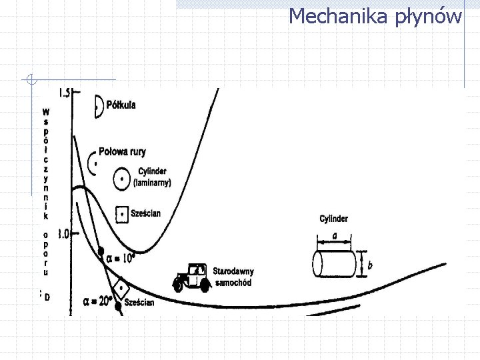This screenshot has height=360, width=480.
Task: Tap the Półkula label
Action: click(121, 105)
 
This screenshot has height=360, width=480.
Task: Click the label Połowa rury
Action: click(122, 152)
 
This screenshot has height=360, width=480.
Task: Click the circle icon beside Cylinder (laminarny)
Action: click(121, 179)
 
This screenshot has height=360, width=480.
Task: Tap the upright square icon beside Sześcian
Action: click(121, 213)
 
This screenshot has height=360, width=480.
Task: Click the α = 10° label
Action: click(121, 257)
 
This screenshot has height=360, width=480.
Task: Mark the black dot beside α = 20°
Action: click(118, 306)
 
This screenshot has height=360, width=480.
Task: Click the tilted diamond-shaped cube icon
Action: click(121, 287)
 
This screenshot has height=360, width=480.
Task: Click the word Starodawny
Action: click(233, 271)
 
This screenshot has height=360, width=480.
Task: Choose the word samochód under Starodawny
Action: click(232, 282)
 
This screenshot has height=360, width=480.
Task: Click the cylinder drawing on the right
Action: click(335, 263)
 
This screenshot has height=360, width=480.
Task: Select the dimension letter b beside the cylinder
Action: click(370, 265)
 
